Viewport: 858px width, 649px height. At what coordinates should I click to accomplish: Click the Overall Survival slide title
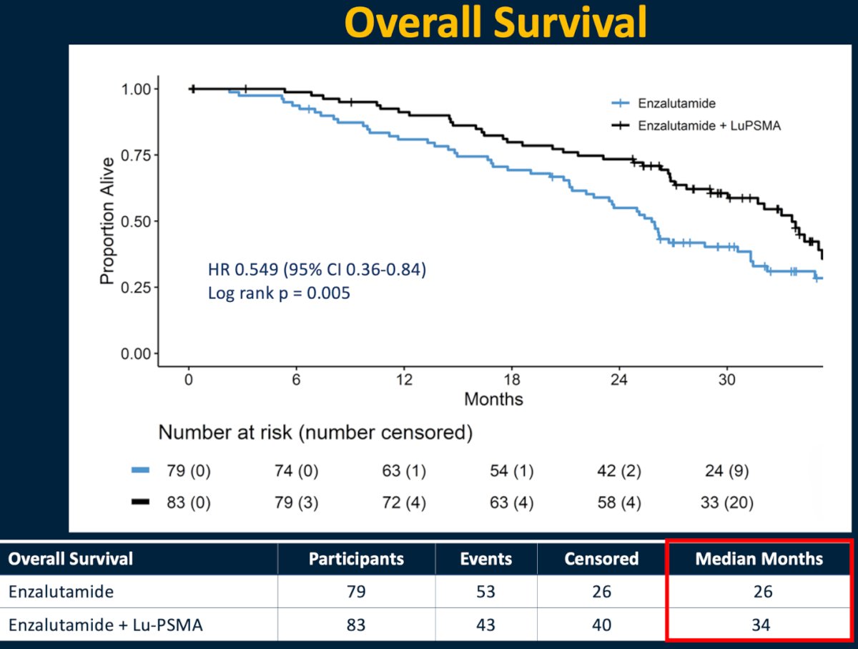[x=495, y=23]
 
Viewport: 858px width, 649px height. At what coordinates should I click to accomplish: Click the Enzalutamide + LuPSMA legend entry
[x=696, y=125]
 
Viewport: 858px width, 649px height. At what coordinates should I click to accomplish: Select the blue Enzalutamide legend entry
[x=664, y=103]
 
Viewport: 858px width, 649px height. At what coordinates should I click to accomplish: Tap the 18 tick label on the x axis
[x=512, y=379]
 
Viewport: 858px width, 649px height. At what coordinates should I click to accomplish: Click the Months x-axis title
[x=493, y=399]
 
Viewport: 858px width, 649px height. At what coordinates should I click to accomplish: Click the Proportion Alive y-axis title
[x=107, y=220]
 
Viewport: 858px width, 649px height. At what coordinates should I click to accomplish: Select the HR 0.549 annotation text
[x=317, y=270]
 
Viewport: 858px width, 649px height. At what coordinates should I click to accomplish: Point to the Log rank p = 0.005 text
[x=279, y=293]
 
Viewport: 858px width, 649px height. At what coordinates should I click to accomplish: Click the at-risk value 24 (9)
[x=726, y=471]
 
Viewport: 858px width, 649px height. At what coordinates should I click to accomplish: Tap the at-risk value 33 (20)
[x=726, y=503]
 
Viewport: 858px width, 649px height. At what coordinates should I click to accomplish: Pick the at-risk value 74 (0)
[x=296, y=471]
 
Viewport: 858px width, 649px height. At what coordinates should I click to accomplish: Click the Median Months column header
[x=759, y=559]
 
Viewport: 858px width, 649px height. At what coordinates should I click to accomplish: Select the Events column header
[x=486, y=559]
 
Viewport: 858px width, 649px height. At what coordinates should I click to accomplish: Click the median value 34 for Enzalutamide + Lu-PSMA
[x=761, y=625]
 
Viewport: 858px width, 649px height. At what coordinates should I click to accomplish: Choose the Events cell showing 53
[x=486, y=592]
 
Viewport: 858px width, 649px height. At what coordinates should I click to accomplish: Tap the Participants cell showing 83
[x=356, y=625]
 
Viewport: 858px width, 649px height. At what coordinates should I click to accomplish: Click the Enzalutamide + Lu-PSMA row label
[x=106, y=625]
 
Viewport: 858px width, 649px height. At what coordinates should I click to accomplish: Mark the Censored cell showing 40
[x=601, y=625]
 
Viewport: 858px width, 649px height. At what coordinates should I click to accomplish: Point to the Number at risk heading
[x=315, y=433]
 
